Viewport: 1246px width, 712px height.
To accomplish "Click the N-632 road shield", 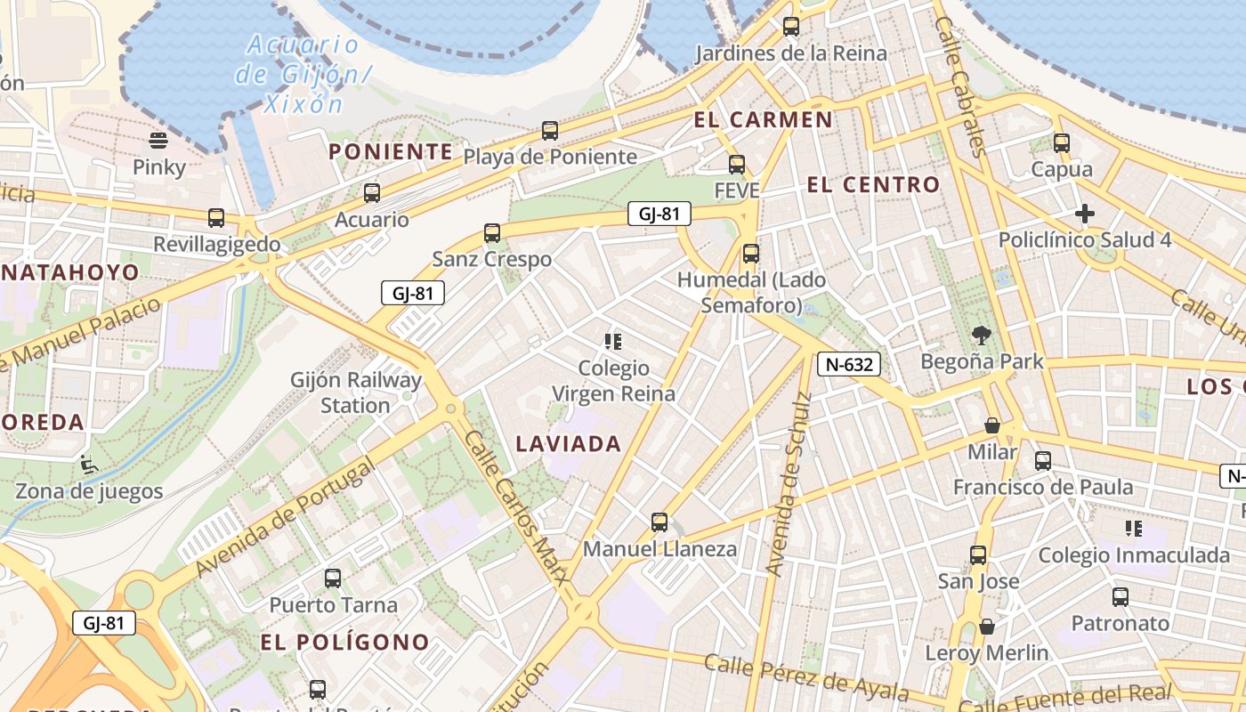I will pyautogui.click(x=849, y=363).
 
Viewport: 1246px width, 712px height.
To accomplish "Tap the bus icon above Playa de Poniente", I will pyautogui.click(x=550, y=131).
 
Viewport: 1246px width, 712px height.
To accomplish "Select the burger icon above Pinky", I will pyautogui.click(x=158, y=141).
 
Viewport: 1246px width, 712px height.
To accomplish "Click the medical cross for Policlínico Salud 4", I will pyautogui.click(x=1084, y=214).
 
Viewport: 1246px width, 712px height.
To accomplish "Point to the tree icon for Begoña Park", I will pyautogui.click(x=982, y=336).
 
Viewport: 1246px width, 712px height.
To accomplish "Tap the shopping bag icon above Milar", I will pyautogui.click(x=992, y=426).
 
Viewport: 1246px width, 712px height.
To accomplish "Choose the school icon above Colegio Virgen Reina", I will pyautogui.click(x=612, y=341).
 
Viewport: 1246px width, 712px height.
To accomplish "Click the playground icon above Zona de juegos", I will pyautogui.click(x=87, y=464).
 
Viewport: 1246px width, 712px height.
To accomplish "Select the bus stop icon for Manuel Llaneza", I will pyautogui.click(x=659, y=522).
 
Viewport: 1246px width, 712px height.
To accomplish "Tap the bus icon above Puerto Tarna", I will pyautogui.click(x=333, y=578).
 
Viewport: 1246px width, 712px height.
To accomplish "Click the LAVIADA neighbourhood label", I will pyautogui.click(x=568, y=443).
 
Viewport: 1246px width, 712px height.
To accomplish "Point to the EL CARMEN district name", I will pyautogui.click(x=764, y=119).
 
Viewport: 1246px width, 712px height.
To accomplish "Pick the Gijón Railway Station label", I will pyautogui.click(x=356, y=392).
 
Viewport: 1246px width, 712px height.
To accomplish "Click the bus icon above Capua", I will pyautogui.click(x=1061, y=143).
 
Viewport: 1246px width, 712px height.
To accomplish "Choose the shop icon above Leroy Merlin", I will pyautogui.click(x=986, y=627).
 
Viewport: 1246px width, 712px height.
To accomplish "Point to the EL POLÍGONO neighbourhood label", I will pyautogui.click(x=344, y=642).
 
